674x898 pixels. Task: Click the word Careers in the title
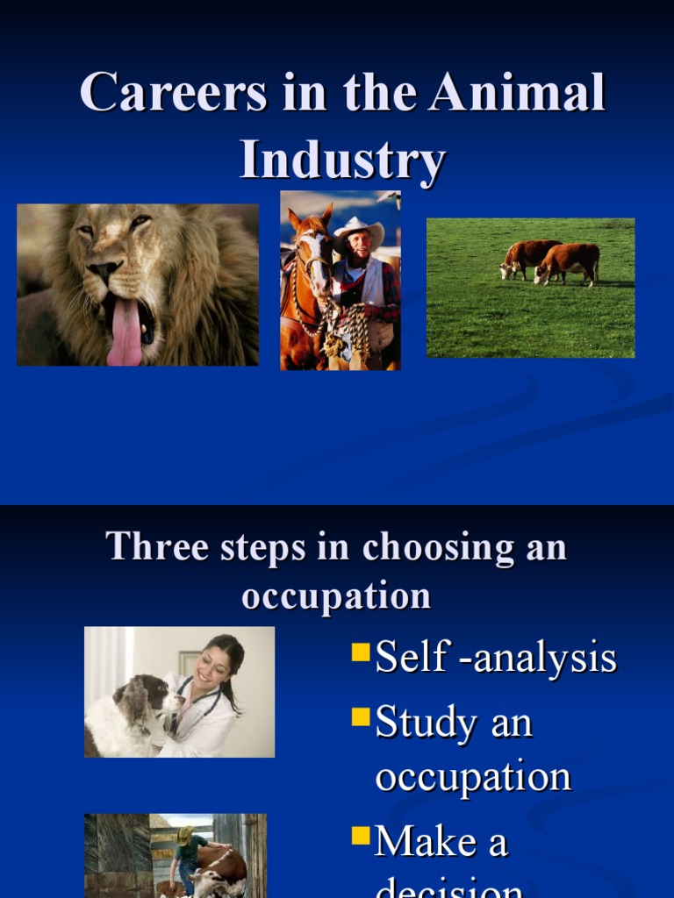174,93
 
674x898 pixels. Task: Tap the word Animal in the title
517,93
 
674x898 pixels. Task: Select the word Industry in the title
343,160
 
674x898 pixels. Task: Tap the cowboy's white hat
359,229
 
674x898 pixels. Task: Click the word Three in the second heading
147,547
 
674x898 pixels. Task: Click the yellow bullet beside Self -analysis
360,652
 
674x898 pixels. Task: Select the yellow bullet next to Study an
360,717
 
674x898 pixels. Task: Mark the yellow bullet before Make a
360,836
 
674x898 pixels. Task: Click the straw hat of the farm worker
185,833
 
